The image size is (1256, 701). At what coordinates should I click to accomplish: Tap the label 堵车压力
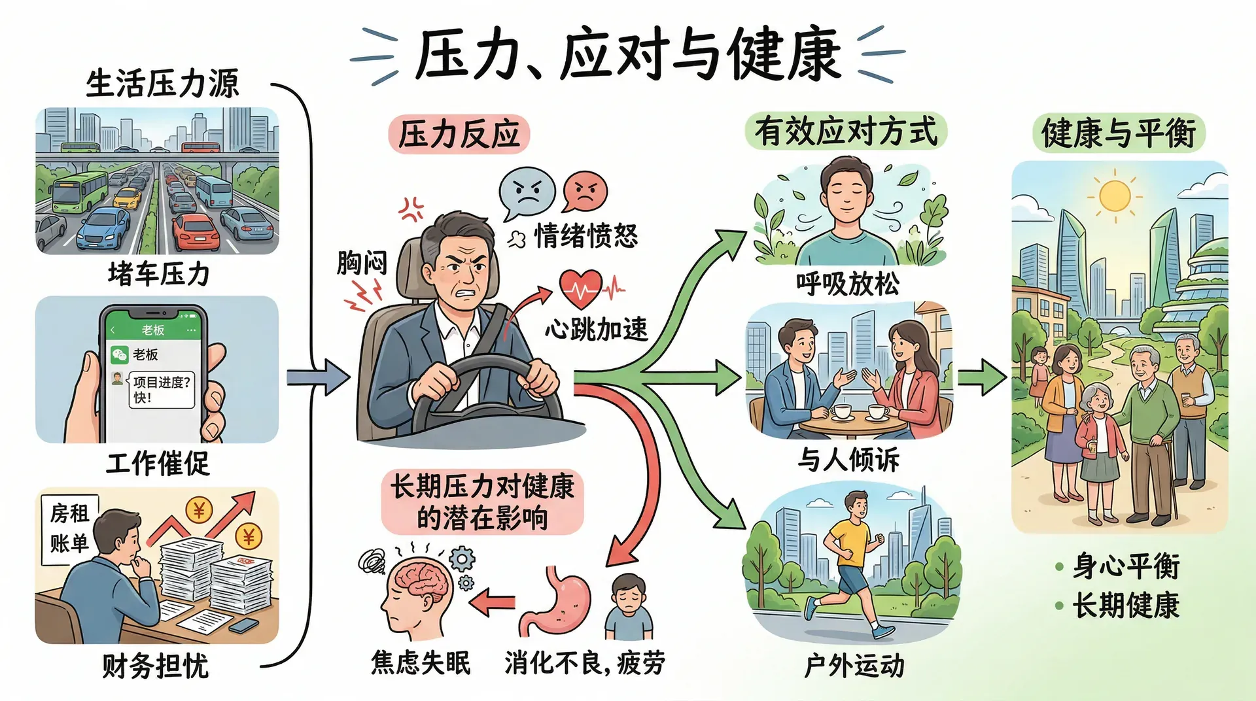[158, 274]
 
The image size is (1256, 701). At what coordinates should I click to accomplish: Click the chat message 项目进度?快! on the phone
[162, 389]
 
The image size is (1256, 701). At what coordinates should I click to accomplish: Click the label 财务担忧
[156, 666]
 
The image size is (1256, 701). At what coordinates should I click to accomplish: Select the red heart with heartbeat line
[580, 288]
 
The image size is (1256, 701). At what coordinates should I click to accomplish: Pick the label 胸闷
[362, 263]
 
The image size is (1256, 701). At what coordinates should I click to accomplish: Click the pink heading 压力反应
[459, 135]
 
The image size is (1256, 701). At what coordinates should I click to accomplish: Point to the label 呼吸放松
[848, 284]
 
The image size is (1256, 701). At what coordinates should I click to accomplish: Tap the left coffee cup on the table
[841, 412]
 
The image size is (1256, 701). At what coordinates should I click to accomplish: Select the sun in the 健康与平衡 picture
[1115, 196]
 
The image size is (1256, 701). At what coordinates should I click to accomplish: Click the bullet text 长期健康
[1125, 606]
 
